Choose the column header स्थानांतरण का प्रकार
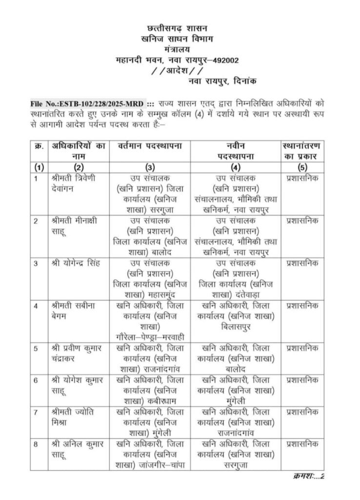tap(305, 151)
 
